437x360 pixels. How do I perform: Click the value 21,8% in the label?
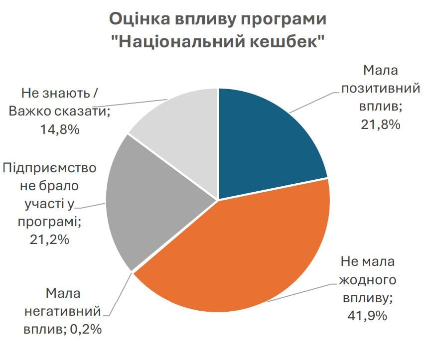point(380,124)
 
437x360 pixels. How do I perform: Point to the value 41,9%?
point(367,316)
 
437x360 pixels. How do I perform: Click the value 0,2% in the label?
point(85,329)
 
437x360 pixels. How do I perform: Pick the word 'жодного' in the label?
point(367,280)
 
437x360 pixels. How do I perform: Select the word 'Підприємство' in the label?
point(49,168)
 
